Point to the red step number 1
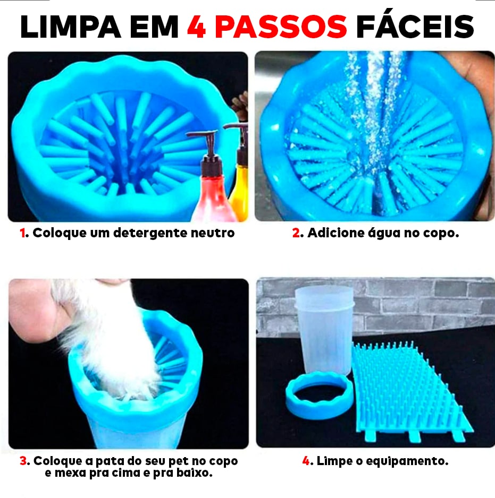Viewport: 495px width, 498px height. pos(23,233)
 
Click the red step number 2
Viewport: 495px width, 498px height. pos(296,233)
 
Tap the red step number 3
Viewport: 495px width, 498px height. pos(23,461)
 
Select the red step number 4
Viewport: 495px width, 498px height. pos(306,461)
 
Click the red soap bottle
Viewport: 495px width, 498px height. pos(213,196)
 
